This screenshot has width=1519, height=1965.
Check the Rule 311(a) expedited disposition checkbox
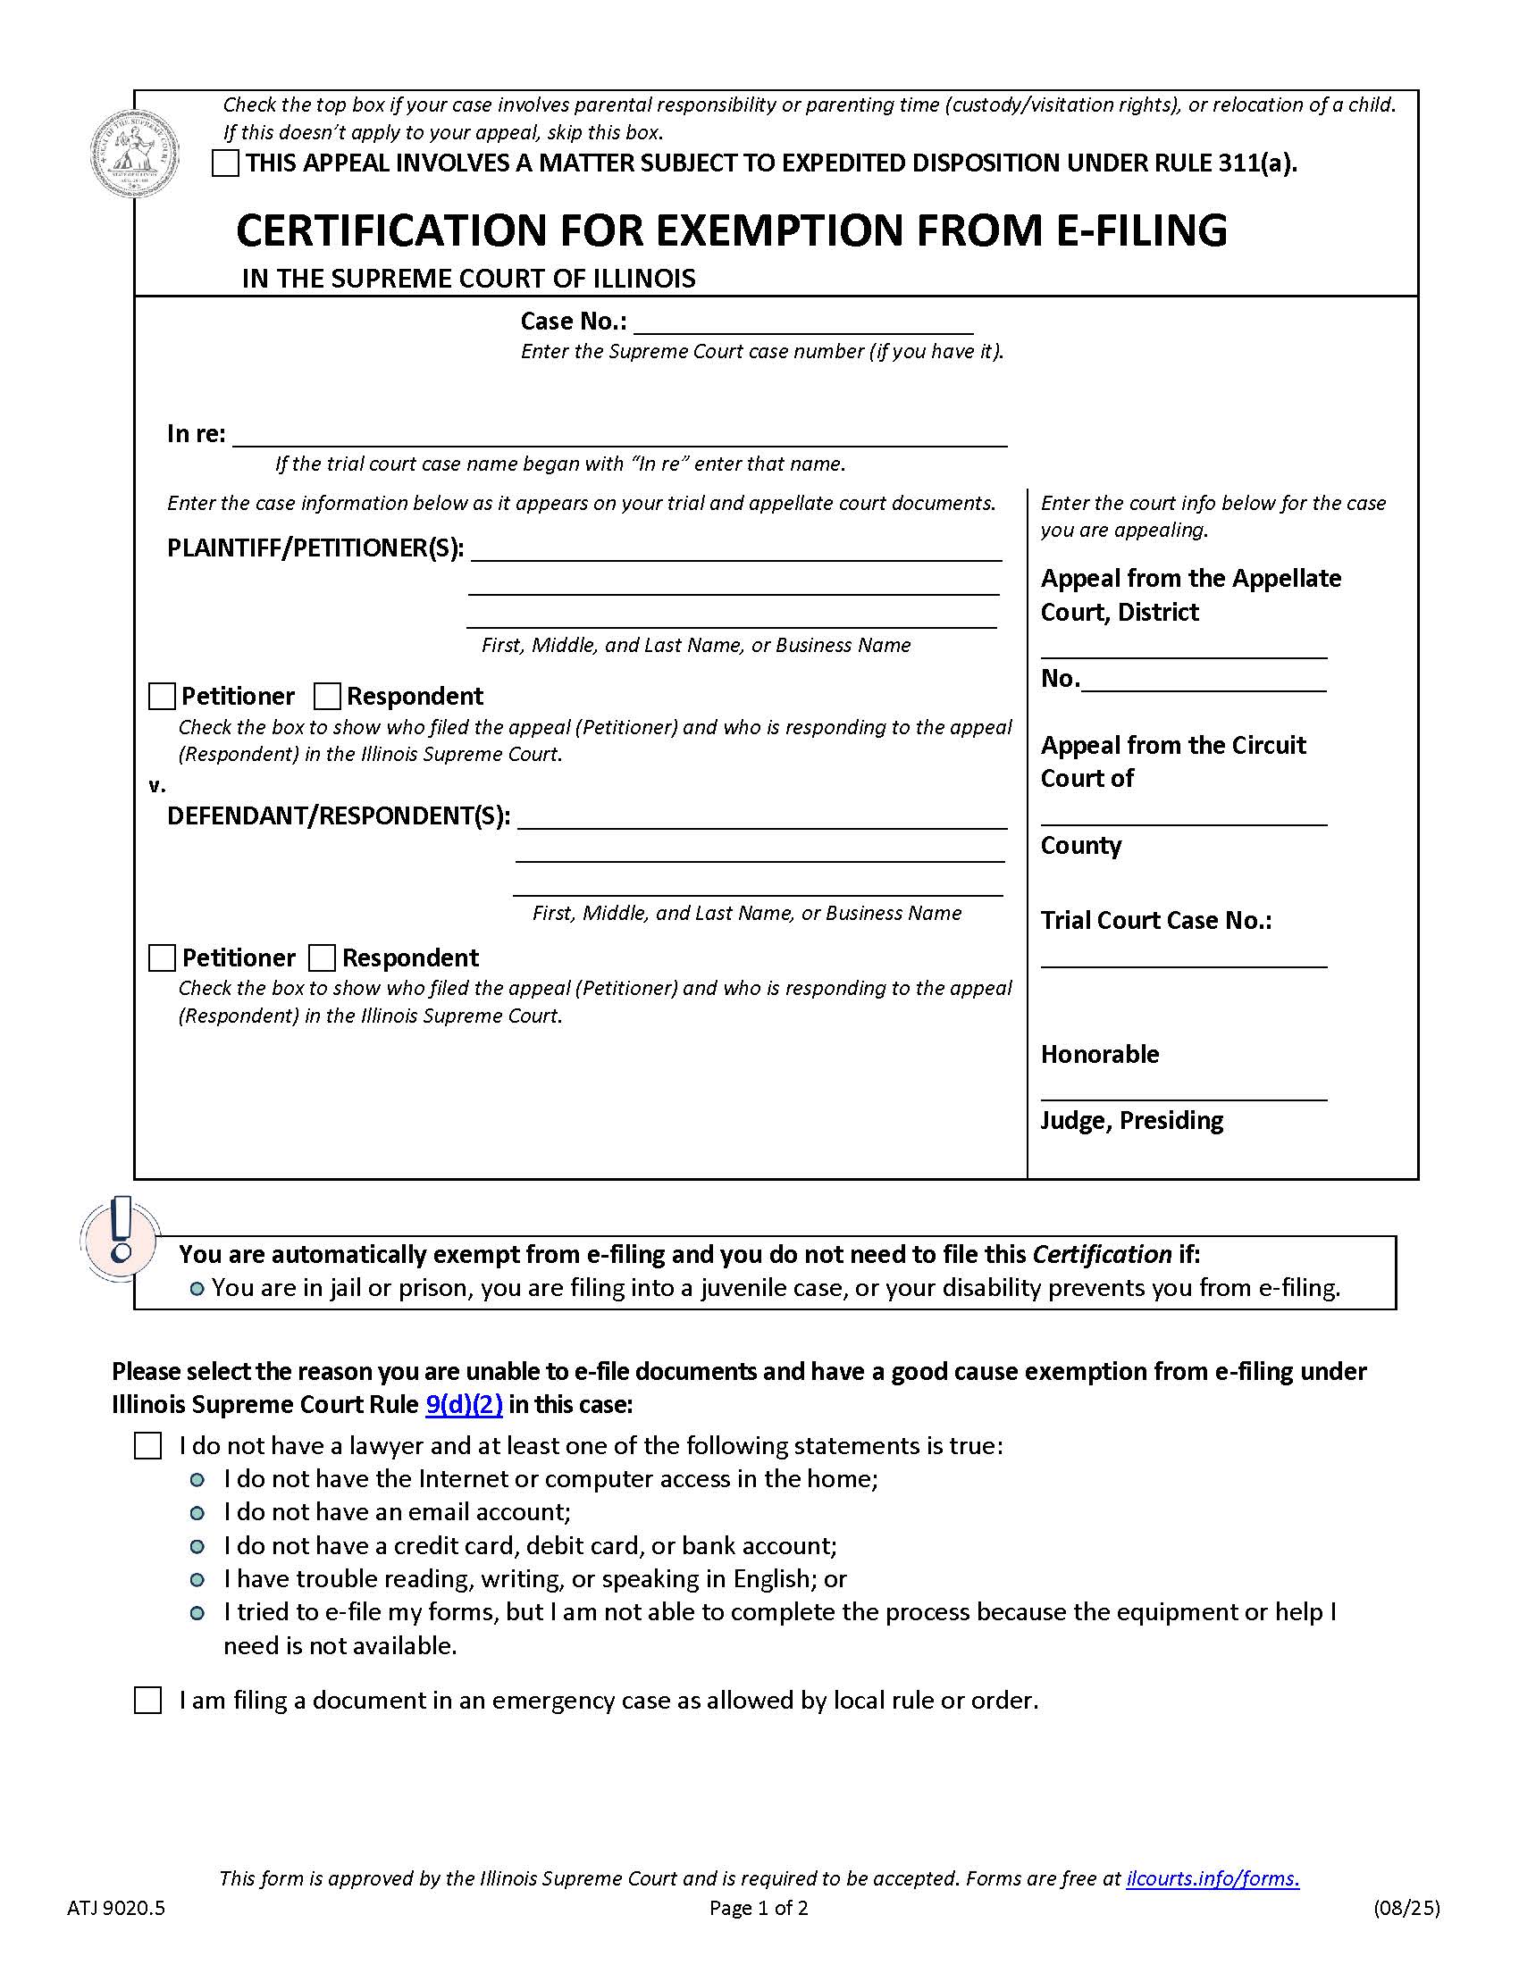pos(225,163)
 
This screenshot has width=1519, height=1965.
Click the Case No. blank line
pos(802,324)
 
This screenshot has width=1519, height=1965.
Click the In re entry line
pos(619,437)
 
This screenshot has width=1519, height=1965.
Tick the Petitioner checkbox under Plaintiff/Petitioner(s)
pos(162,697)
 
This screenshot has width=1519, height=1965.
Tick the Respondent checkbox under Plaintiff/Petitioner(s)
pos(327,697)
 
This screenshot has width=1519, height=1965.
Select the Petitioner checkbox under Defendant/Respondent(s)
pos(162,957)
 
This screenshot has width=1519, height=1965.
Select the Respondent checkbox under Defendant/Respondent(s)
pos(323,957)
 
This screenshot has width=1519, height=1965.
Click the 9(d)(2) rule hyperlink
pos(464,1404)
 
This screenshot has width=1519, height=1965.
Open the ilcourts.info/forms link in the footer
pos(1213,1877)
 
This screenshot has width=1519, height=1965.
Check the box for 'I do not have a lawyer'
pos(147,1446)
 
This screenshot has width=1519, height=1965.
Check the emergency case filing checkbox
pos(147,1701)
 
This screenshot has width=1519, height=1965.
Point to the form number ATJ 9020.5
pos(116,1908)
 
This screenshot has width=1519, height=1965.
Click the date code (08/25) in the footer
pos(1406,1908)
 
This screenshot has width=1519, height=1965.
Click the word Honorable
pos(1100,1054)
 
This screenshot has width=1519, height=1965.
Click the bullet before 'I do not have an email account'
pos(197,1512)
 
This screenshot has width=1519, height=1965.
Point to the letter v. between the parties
pos(157,785)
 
